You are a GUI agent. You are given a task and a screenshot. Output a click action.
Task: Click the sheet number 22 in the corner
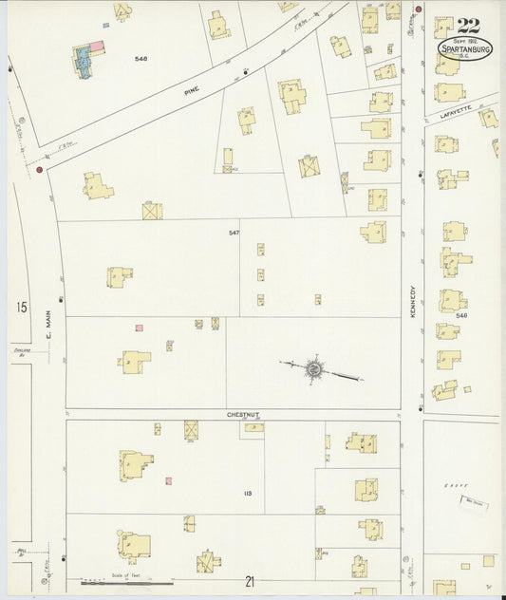click(x=467, y=27)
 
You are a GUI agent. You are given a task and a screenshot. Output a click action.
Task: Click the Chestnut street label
click(x=242, y=414)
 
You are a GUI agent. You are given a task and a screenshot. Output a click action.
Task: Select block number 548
click(x=141, y=59)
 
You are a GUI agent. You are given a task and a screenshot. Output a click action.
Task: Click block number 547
click(x=234, y=233)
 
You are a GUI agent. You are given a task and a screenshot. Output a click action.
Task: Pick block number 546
click(x=461, y=315)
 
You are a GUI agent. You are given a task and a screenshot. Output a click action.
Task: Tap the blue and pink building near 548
click(x=86, y=60)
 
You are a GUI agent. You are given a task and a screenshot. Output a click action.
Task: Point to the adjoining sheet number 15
click(x=20, y=307)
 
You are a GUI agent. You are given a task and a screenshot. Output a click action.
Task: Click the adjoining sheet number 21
click(x=250, y=582)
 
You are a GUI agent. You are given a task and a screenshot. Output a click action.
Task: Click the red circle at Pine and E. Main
click(x=39, y=170)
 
